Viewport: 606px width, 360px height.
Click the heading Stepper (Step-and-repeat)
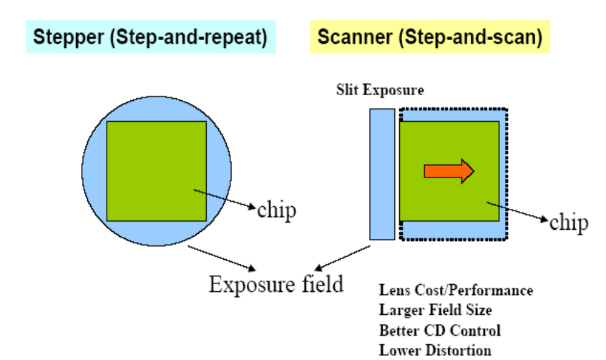(147, 37)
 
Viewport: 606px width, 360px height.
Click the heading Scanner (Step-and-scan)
(429, 37)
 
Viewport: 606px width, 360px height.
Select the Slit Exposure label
(380, 91)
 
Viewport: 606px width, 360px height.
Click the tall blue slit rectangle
(382, 174)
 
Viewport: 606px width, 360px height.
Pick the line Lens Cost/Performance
(456, 291)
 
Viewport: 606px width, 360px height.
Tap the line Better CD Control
(439, 330)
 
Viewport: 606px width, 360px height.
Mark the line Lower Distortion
(435, 350)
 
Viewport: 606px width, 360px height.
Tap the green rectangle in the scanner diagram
(449, 200)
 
